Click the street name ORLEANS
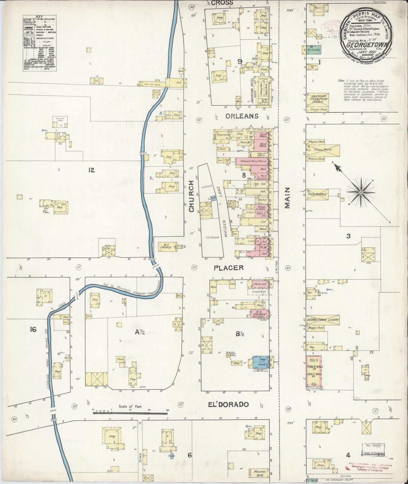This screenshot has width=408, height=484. (242, 116)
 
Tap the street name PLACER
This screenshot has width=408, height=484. (229, 267)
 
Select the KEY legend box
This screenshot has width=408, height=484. (39, 45)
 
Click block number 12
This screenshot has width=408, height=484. (91, 170)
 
